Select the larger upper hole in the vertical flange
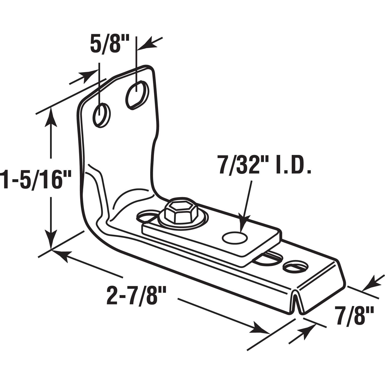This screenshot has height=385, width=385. click(x=137, y=95)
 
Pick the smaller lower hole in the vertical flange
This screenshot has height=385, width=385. click(x=102, y=115)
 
